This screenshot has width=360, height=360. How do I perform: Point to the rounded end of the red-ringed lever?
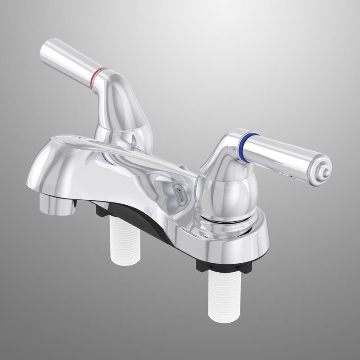(x=45, y=52)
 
